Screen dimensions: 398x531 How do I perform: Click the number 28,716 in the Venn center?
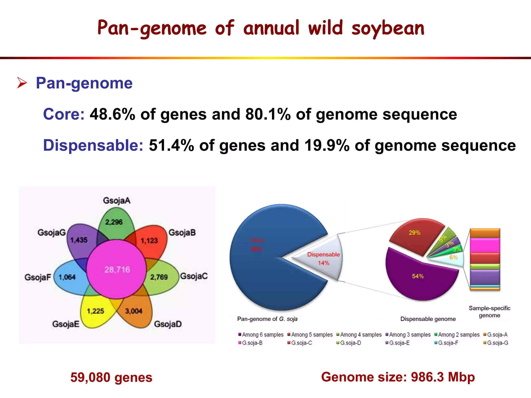point(117,270)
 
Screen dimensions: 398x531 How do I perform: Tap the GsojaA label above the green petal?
point(117,201)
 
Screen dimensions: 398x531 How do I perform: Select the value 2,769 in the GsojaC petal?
point(159,277)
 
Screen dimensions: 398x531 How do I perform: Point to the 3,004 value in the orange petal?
point(134,311)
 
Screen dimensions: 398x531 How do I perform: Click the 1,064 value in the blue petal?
point(67,277)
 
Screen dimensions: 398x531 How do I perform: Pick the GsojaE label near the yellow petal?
point(66,324)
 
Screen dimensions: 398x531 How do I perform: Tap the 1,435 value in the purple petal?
point(79,240)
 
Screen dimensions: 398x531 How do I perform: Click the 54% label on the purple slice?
point(418,276)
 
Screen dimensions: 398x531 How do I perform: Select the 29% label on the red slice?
point(414,233)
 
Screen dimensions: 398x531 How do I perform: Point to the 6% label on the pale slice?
point(453,258)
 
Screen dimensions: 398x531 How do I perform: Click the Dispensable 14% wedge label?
point(323,259)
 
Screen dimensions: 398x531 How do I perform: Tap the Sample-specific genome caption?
point(489,312)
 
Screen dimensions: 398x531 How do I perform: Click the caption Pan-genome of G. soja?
point(267,319)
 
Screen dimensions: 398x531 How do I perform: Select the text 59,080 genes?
point(111,377)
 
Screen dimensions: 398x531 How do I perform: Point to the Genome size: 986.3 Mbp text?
point(398,377)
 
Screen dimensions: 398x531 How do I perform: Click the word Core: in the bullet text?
point(64,114)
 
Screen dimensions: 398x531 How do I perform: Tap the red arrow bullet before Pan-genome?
point(22,83)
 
